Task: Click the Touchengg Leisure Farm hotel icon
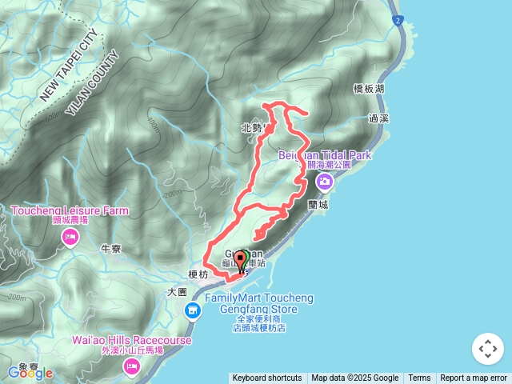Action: [70, 237]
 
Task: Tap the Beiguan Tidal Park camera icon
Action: [325, 182]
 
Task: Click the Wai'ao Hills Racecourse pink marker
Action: [131, 366]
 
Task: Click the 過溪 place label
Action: [379, 118]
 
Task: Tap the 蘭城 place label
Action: [318, 205]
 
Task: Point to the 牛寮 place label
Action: [110, 249]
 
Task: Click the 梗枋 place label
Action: [198, 274]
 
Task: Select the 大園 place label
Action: [177, 292]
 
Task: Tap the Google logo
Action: [30, 373]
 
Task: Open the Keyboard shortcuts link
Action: [267, 378]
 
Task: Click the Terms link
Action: [419, 378]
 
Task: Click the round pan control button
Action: [487, 349]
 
